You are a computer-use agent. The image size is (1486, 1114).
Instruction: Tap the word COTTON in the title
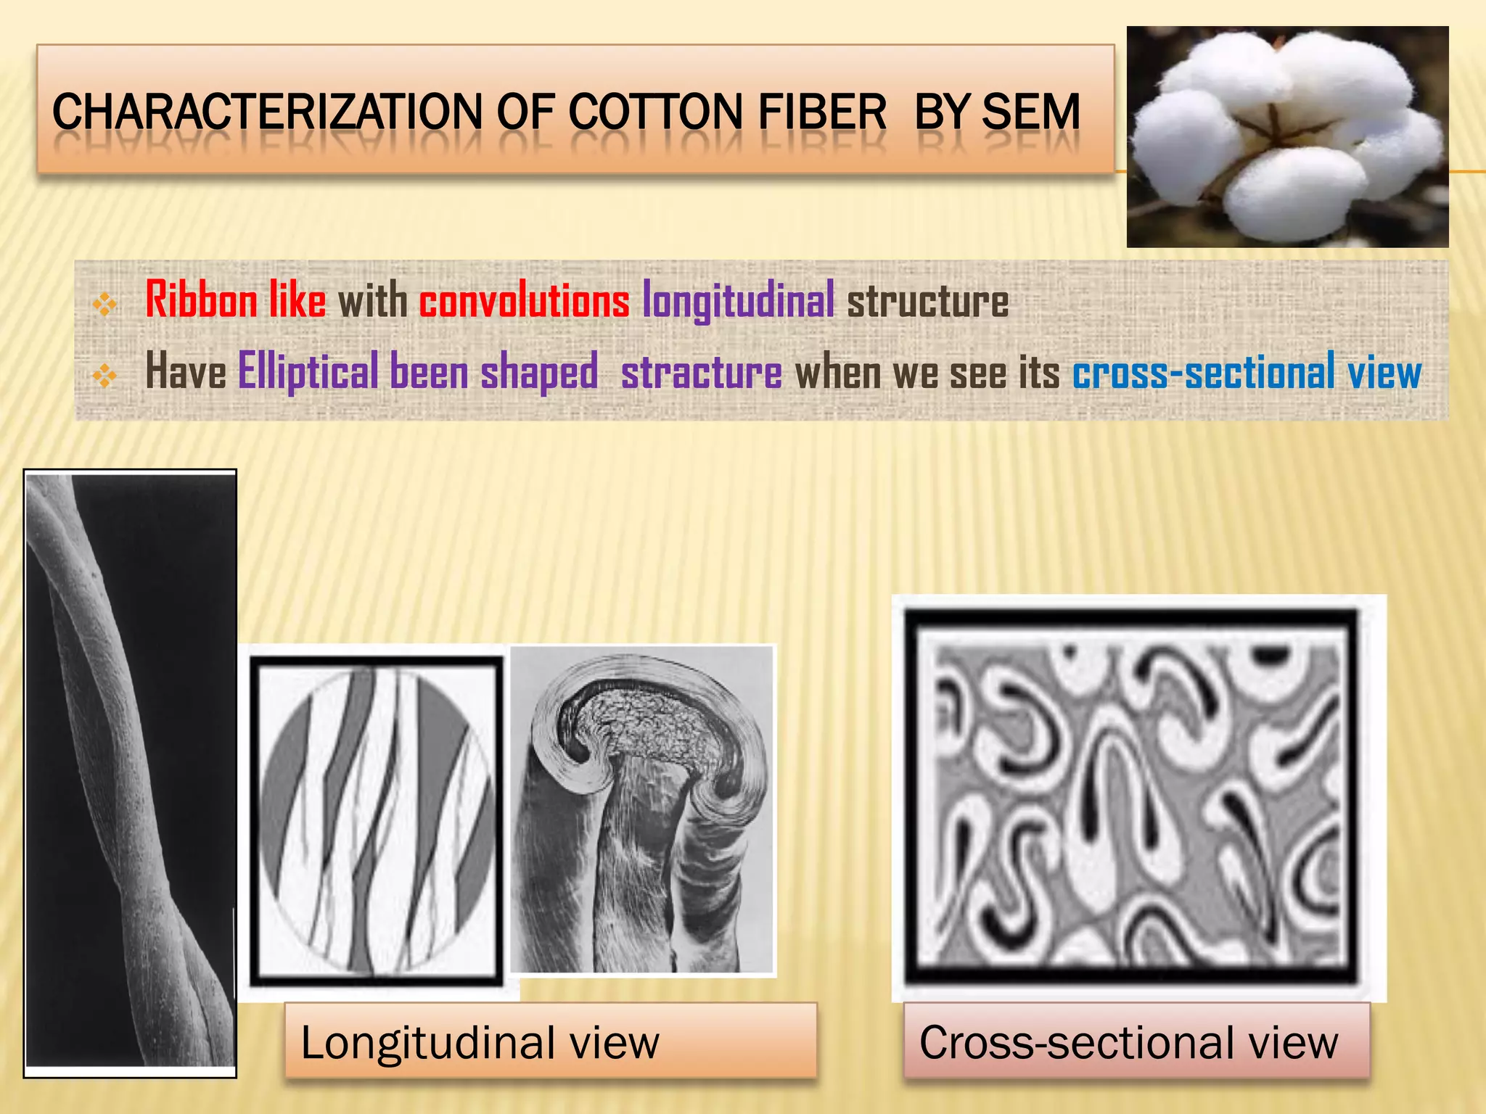click(x=654, y=112)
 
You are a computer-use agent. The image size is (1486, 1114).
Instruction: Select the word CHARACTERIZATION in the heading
click(x=267, y=112)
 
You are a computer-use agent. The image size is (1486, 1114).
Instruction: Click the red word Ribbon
click(x=201, y=300)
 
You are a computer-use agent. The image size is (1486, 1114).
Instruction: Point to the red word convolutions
click(x=524, y=301)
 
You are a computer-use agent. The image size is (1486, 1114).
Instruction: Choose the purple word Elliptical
click(x=308, y=372)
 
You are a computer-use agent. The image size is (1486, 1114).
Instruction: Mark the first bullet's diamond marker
click(x=105, y=305)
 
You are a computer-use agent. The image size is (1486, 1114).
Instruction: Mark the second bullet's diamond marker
click(x=105, y=375)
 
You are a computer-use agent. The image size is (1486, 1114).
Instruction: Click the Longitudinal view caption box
click(x=551, y=1041)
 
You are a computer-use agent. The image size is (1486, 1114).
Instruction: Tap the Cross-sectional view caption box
click(x=1136, y=1041)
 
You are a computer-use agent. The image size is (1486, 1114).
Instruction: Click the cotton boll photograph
click(x=1287, y=137)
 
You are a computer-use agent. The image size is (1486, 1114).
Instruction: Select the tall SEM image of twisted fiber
click(x=131, y=772)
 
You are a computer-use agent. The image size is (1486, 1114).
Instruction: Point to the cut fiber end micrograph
click(x=642, y=809)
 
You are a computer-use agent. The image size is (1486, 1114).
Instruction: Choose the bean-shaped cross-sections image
click(x=1138, y=798)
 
